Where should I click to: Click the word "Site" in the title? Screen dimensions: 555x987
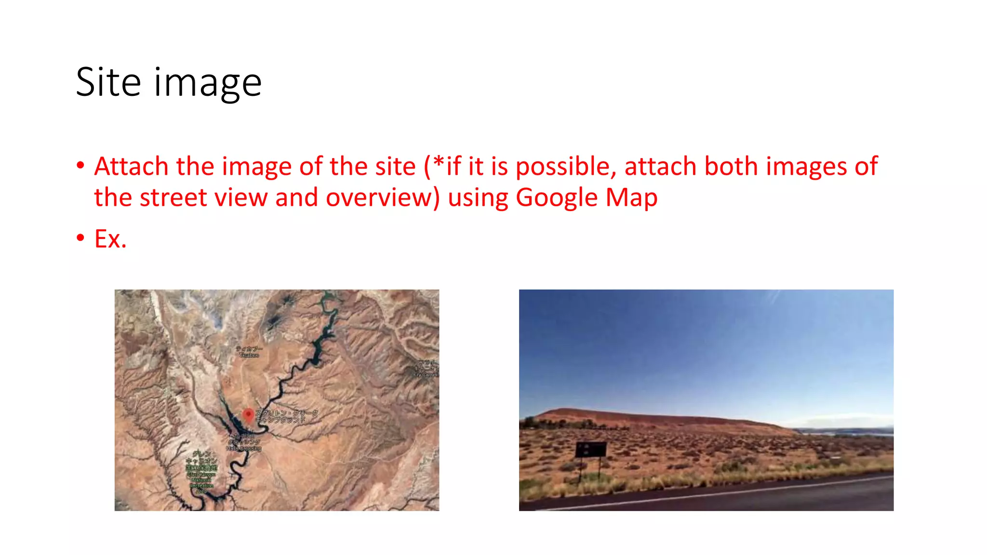coord(108,82)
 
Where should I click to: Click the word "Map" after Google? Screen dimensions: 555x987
coord(631,198)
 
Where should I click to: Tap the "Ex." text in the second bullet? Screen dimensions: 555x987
coord(110,239)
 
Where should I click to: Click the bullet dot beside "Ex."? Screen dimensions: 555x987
coord(80,238)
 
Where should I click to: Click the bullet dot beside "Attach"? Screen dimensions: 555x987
coord(80,165)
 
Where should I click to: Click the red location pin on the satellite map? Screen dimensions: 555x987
coord(248,415)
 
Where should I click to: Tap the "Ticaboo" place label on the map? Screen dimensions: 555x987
coord(249,352)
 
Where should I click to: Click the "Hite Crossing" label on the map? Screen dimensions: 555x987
coord(244,449)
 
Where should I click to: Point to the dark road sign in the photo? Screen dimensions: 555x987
coord(590,449)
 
